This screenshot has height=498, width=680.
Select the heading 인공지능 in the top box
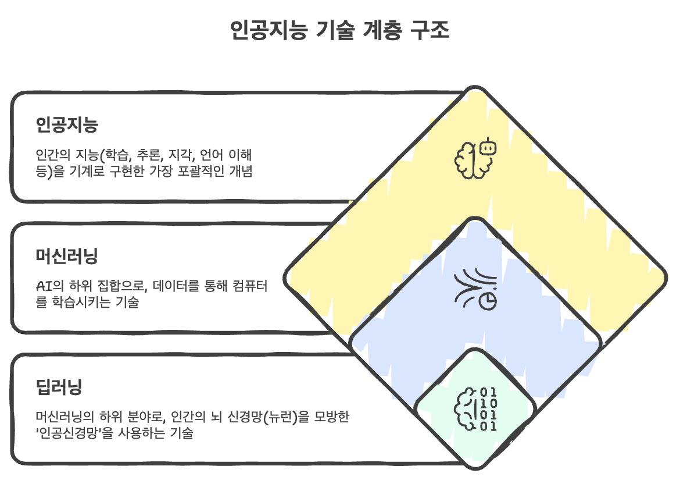(x=66, y=125)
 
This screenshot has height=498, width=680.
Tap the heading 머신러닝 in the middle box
(x=66, y=256)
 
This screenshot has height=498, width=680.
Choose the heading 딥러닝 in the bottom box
(x=59, y=387)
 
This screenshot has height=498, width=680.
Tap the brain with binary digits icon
(x=475, y=410)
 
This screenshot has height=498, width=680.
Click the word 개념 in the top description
(x=239, y=172)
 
